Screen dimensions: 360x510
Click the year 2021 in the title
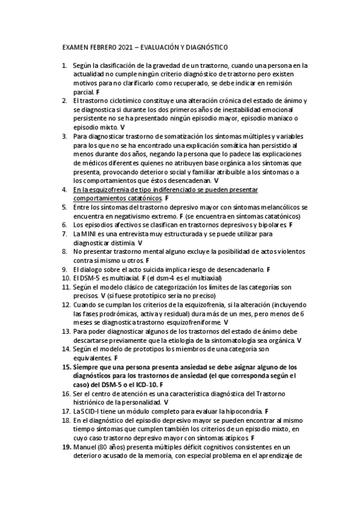point(127,47)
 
